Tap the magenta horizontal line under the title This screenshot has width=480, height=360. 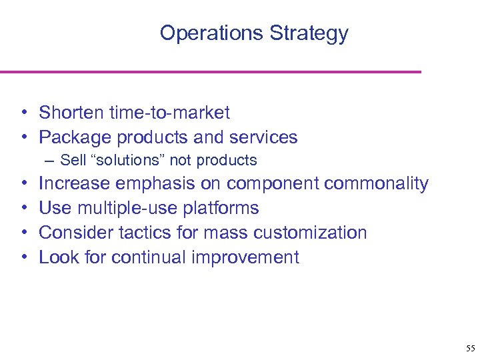click(210, 71)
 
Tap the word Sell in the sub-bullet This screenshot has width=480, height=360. click(71, 160)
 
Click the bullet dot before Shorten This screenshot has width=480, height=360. click(23, 113)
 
